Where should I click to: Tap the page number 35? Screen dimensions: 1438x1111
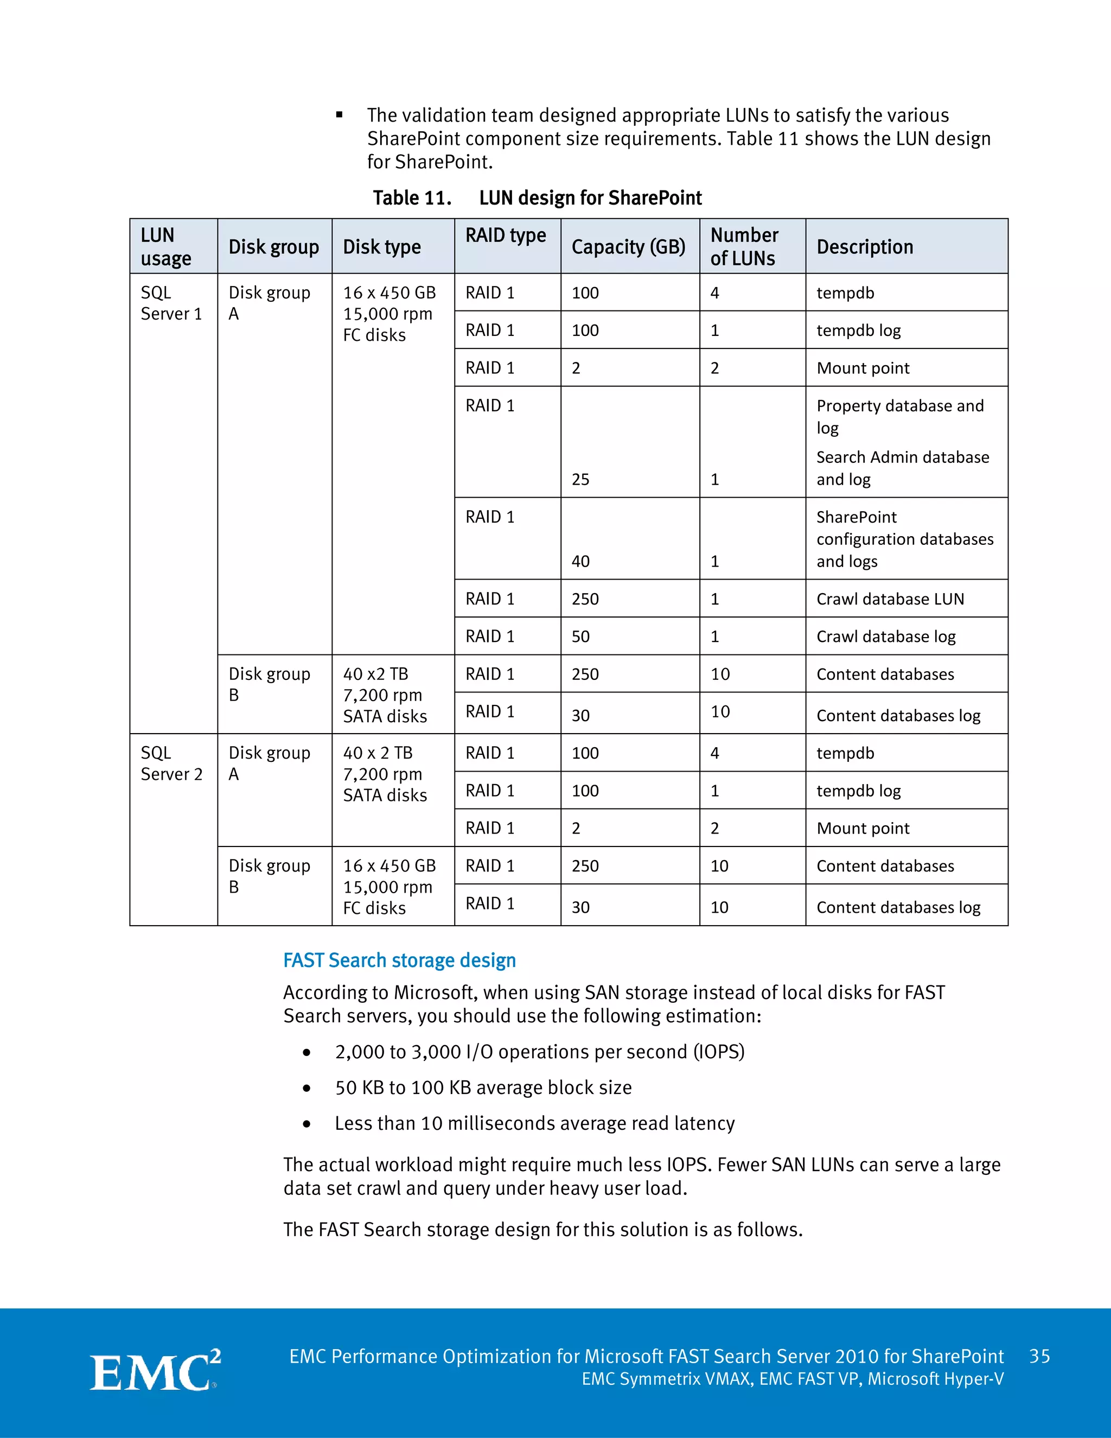tap(1039, 1357)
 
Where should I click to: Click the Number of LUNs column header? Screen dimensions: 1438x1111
tap(744, 247)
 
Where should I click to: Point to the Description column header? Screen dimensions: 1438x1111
tap(864, 247)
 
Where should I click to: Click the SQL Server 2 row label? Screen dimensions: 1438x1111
tap(171, 763)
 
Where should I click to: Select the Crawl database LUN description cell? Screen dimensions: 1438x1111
tap(890, 599)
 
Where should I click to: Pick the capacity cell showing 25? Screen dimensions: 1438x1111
tap(580, 479)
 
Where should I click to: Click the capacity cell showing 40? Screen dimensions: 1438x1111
tap(580, 561)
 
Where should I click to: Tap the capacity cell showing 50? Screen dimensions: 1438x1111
tap(580, 636)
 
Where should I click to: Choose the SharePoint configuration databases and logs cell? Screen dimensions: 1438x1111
tap(904, 539)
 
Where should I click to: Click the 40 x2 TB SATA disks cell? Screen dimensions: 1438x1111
tap(385, 695)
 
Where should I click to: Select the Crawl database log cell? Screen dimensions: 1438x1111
tap(886, 636)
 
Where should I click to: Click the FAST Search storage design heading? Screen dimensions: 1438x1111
tap(399, 960)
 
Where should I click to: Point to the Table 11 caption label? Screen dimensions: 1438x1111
tap(412, 198)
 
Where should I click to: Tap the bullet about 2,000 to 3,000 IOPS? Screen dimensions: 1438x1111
tap(539, 1052)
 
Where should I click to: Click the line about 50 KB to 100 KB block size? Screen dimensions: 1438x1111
tap(483, 1087)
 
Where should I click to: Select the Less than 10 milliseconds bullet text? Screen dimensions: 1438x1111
tap(534, 1123)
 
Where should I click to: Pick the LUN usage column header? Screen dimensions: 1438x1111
tap(166, 247)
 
